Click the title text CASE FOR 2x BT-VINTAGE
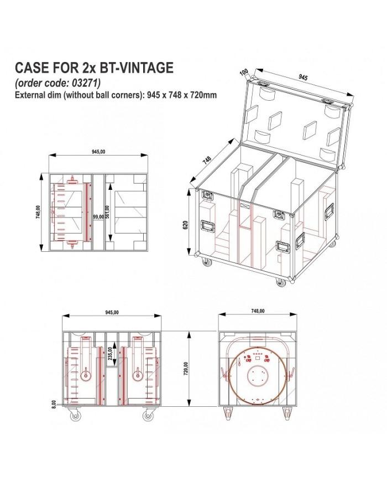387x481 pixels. pos(94,68)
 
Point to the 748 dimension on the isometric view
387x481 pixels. pos(207,159)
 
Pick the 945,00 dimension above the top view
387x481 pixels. pos(97,152)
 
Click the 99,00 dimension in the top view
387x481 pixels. pos(98,217)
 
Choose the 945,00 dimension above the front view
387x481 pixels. pos(112,313)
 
